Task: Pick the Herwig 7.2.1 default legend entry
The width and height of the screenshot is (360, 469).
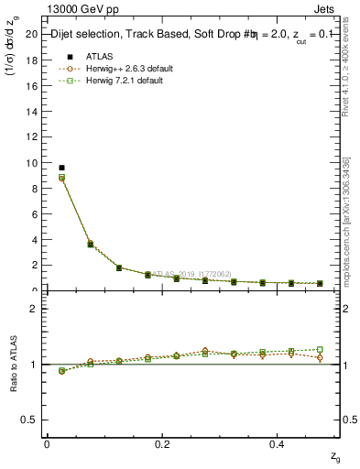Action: pyautogui.click(x=124, y=81)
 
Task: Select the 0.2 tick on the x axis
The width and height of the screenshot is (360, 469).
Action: pyautogui.click(x=162, y=443)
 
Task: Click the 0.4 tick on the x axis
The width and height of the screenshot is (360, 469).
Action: pyautogui.click(x=278, y=443)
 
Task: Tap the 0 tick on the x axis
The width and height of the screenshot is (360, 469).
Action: pyautogui.click(x=46, y=443)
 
